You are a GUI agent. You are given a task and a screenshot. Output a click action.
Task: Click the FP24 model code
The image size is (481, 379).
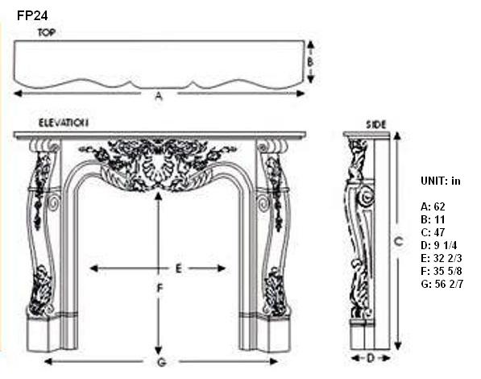coord(32,15)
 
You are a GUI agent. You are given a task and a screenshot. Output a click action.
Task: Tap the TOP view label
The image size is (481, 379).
coord(47,32)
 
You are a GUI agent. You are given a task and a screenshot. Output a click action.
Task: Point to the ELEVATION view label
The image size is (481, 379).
coord(64,123)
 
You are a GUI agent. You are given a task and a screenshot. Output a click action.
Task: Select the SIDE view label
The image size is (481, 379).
coord(375,125)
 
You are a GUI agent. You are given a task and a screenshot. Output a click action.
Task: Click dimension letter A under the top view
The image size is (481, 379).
coord(159,97)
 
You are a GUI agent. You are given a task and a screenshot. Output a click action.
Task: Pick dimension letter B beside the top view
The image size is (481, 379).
coord(310,62)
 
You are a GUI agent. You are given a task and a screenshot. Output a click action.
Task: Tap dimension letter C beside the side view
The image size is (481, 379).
coord(398,243)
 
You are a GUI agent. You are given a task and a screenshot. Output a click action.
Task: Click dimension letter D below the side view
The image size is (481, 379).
coord(371,358)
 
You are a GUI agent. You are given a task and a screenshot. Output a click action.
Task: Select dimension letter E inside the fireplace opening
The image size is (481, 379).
coord(179,269)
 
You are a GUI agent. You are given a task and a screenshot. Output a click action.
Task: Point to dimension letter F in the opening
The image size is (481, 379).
coord(160,289)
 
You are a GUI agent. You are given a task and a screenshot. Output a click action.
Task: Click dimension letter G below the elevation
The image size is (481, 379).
coord(161,362)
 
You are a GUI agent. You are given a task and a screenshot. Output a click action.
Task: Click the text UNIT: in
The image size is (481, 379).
coord(441,181)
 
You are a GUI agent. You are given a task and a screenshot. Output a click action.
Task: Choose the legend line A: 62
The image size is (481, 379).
coord(433,206)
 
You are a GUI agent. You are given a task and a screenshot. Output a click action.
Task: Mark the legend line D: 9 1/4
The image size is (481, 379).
coord(439,245)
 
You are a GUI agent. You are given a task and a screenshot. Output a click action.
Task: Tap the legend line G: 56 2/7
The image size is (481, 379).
coord(442,284)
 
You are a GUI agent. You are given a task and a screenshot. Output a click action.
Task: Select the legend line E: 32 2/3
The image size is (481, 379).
coord(442,258)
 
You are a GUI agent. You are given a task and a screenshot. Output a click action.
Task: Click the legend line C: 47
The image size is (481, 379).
coord(433,232)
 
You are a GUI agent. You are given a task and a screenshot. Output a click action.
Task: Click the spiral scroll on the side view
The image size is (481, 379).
coord(366,196)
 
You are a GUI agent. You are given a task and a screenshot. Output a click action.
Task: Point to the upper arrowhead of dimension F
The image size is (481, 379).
coord(158,197)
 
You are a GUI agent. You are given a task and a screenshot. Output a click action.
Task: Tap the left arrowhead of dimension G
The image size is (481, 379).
coord(48,361)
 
